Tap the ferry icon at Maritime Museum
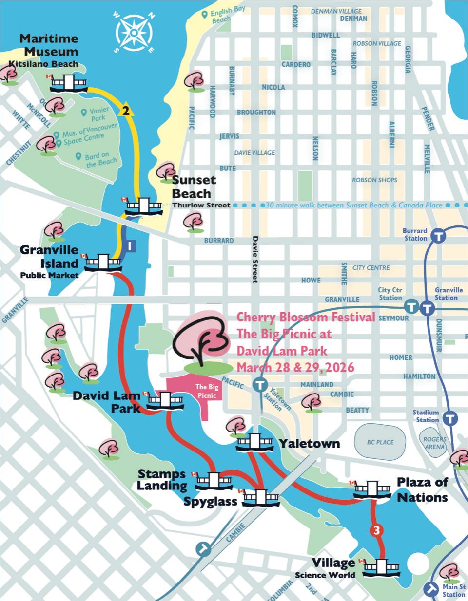pyautogui.click(x=69, y=83)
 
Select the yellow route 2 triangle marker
pyautogui.click(x=126, y=111)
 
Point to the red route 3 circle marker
pyautogui.click(x=375, y=530)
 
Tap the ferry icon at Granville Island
pyautogui.click(x=103, y=263)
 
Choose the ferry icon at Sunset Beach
pyautogui.click(x=144, y=207)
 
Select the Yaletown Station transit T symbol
pyautogui.click(x=261, y=385)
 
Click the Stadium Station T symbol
pyautogui.click(x=450, y=417)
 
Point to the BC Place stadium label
pyautogui.click(x=380, y=442)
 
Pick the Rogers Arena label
pyautogui.click(x=434, y=443)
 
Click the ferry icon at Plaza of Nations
pyautogui.click(x=372, y=489)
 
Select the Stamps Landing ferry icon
pyautogui.click(x=214, y=481)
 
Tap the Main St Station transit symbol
pyautogui.click(x=431, y=588)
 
